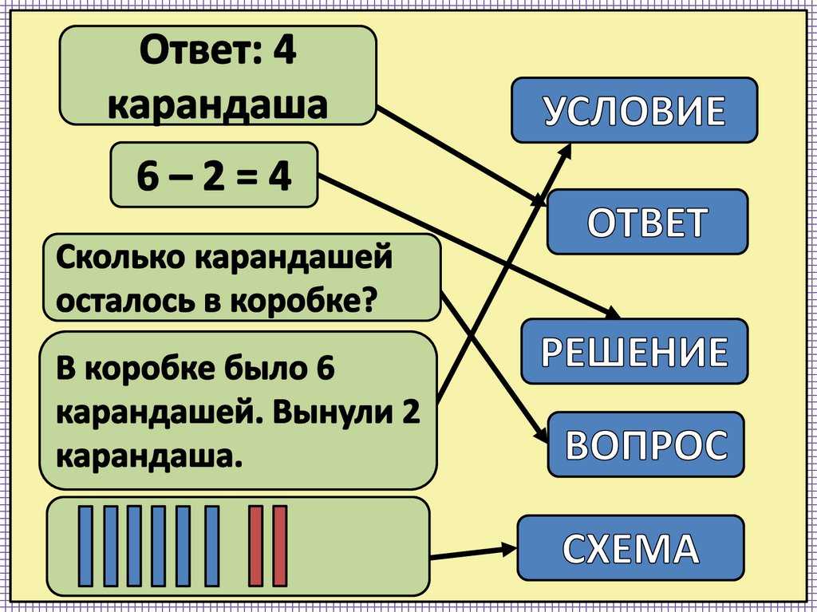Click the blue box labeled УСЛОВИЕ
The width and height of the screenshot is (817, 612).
pos(634,110)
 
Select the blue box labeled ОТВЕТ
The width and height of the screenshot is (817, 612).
pos(647,222)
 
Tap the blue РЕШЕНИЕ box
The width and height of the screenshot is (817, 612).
pos(634,351)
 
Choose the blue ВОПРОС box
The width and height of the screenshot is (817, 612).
pos(645,444)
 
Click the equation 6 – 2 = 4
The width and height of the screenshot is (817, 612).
pos(214,176)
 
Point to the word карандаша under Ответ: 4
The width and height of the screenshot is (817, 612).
pos(218,105)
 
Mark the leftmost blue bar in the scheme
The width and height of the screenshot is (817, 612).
pos(85,546)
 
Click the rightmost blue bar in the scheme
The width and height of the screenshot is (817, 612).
pos(211,546)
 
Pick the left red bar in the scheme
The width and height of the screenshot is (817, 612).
pos(255,546)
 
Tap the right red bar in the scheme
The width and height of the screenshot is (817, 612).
pos(280,546)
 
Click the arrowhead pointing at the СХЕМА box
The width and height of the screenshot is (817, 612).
pos(507,549)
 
